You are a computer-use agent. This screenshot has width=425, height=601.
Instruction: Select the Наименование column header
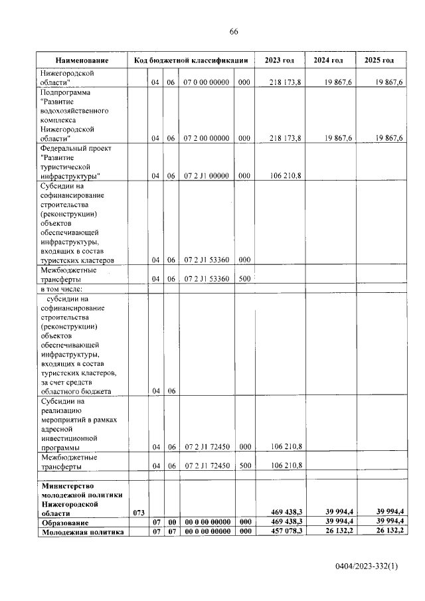[x=82, y=60]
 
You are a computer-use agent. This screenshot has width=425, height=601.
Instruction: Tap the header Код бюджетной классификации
[x=191, y=60]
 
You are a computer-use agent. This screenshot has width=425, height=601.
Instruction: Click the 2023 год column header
[x=279, y=60]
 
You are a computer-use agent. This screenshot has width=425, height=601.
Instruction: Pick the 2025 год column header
[x=380, y=60]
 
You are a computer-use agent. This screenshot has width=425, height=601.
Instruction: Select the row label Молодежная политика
[x=82, y=531]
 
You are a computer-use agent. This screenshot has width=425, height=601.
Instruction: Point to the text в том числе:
[x=64, y=289]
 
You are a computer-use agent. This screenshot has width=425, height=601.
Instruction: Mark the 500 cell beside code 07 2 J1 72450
[x=244, y=466]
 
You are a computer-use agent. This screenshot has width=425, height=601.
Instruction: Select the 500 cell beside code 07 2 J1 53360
[x=244, y=279]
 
